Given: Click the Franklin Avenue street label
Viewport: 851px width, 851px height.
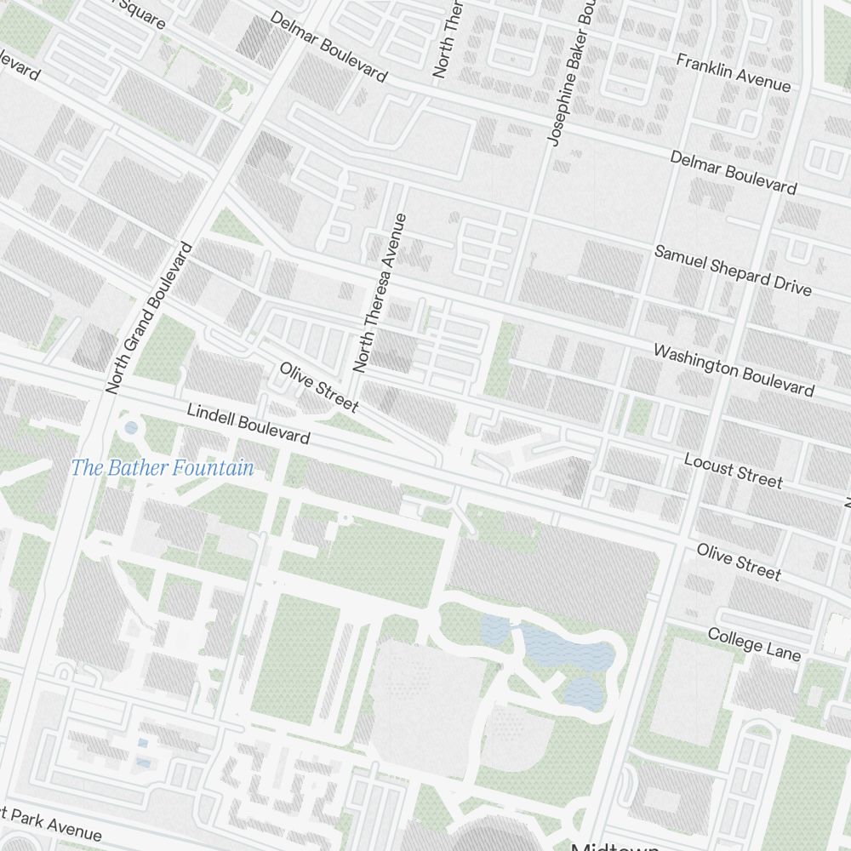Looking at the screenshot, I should pyautogui.click(x=733, y=73).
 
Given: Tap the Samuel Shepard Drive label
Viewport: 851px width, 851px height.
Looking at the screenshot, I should pyautogui.click(x=732, y=270).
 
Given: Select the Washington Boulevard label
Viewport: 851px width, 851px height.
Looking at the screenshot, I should pyautogui.click(x=733, y=369).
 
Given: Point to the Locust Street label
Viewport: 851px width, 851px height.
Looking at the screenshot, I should pyautogui.click(x=733, y=471).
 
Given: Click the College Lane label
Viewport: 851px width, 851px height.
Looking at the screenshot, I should pyautogui.click(x=754, y=644).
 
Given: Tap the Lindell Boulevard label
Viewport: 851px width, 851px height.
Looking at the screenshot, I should pyautogui.click(x=248, y=423).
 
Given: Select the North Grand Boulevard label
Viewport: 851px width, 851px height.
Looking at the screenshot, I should pyautogui.click(x=150, y=317).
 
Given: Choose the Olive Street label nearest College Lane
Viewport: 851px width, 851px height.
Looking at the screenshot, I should pyautogui.click(x=739, y=561).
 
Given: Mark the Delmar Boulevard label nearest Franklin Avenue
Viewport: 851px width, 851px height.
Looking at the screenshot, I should pyautogui.click(x=733, y=172).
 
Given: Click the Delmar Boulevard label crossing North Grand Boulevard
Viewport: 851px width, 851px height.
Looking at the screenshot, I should pyautogui.click(x=328, y=47).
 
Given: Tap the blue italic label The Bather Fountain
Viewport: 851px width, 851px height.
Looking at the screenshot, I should pyautogui.click(x=162, y=467).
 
